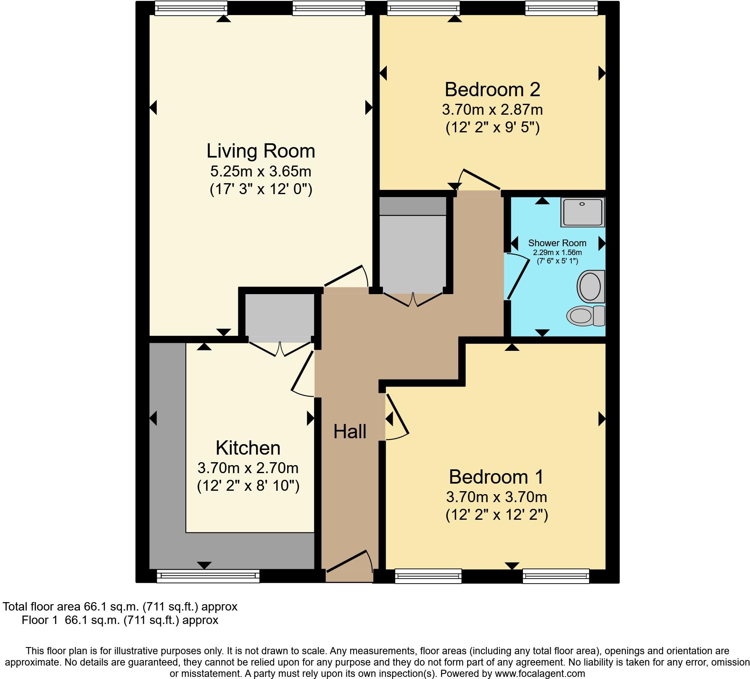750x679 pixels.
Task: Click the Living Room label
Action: pos(261,151)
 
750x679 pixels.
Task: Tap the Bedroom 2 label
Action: pos(492,89)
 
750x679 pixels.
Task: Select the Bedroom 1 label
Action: pos(496,477)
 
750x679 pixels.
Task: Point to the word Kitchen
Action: pos(248,448)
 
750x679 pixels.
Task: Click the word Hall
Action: pos(350,432)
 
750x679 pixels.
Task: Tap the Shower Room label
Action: pos(557,243)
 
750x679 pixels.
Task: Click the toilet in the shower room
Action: pos(586,316)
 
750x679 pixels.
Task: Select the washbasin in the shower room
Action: pos(591,287)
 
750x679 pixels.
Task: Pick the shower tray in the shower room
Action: pos(583,213)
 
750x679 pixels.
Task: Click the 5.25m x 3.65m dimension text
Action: pos(261,171)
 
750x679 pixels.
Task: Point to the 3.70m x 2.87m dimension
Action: pos(492,110)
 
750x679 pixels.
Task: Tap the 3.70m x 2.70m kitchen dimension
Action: pos(248,468)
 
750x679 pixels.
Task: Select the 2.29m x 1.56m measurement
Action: pos(557,253)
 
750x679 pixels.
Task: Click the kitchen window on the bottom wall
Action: pos(208,576)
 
